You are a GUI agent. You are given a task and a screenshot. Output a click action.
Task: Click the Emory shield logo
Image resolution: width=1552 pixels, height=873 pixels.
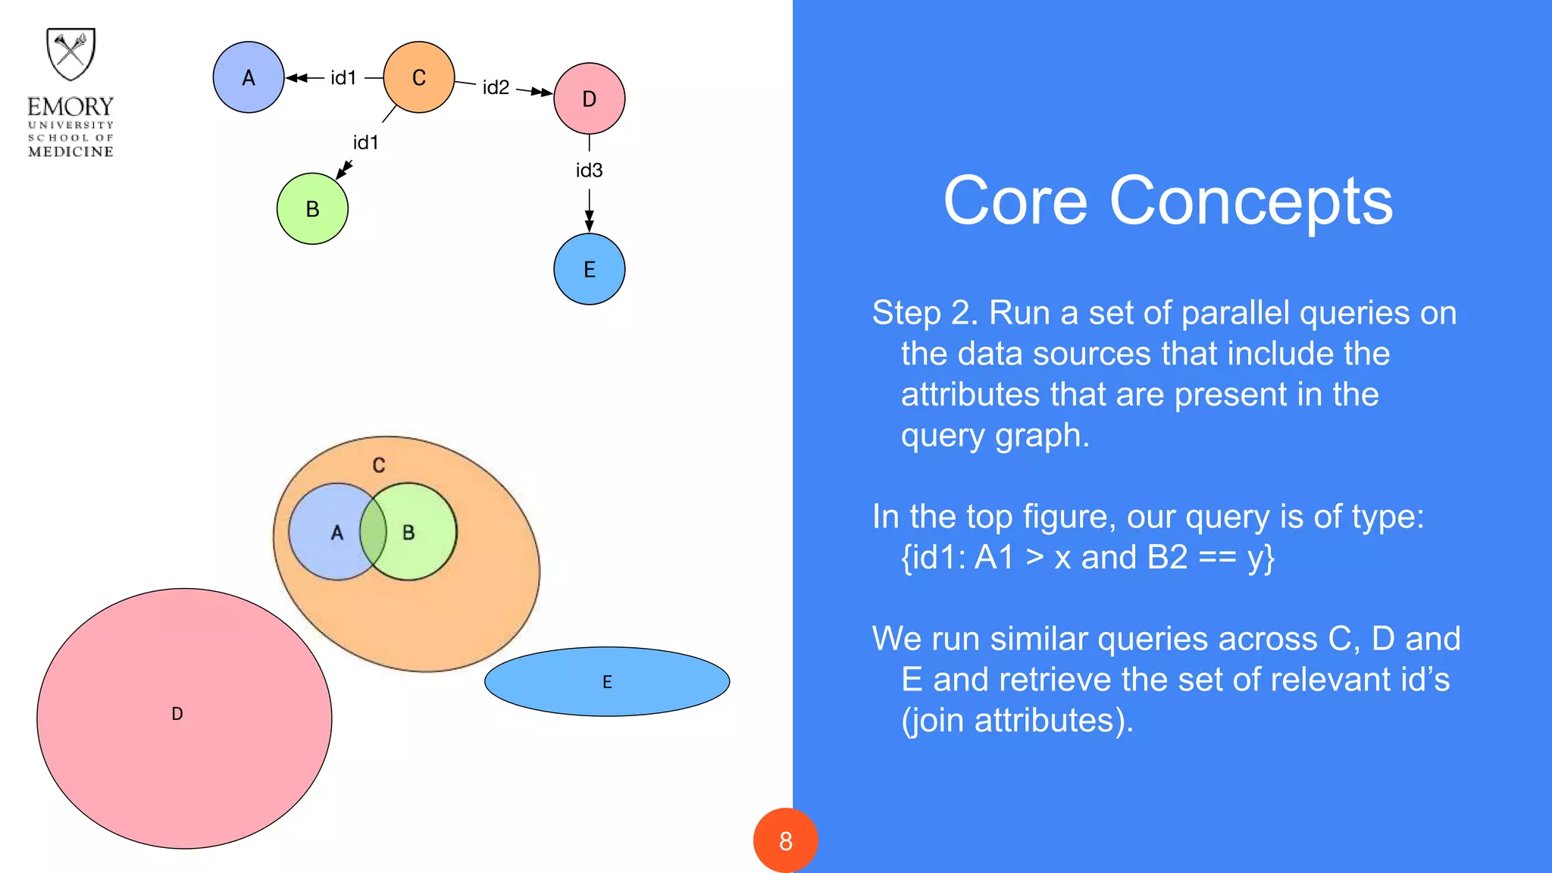(70, 54)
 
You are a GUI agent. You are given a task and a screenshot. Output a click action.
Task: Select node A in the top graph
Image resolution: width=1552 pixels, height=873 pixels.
(249, 77)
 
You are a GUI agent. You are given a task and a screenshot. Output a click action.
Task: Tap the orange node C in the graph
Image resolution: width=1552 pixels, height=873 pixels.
(419, 77)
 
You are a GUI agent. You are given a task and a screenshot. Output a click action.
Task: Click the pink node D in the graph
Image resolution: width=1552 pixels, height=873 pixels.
(590, 99)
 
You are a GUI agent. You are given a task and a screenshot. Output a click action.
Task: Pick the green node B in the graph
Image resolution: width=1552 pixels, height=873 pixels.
(312, 208)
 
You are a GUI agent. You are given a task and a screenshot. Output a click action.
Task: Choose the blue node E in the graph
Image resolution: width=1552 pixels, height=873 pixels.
(590, 269)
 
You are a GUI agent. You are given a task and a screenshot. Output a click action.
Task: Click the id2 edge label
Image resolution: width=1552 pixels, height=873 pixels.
(496, 88)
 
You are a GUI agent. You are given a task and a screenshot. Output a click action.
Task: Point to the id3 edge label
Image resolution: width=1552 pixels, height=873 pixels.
(589, 171)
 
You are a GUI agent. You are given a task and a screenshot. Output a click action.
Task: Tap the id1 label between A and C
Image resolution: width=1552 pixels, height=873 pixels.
(343, 78)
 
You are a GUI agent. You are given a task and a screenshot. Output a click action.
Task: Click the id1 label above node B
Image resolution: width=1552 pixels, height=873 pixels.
(365, 142)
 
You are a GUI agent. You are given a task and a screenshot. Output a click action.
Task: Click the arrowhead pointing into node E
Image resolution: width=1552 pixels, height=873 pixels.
(589, 224)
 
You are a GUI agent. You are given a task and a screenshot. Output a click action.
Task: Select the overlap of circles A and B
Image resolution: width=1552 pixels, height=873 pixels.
(373, 532)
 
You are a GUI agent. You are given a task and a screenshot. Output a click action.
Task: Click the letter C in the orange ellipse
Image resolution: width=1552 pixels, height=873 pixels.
(379, 465)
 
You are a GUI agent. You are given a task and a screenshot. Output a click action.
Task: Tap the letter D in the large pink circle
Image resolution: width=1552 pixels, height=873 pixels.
(177, 714)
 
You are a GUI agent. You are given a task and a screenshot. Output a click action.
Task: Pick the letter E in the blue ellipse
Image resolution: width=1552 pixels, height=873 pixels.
(607, 682)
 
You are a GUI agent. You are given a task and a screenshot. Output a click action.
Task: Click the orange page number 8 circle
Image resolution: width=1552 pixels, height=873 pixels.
(786, 840)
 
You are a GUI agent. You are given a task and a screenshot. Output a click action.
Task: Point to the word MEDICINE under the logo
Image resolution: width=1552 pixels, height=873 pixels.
(70, 152)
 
